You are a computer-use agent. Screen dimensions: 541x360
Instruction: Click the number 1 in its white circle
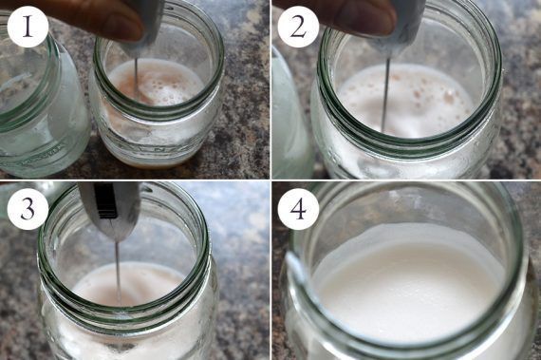[28, 27]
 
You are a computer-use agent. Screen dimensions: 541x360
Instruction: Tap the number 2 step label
[298, 27]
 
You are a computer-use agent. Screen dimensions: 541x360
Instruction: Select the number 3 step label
[28, 208]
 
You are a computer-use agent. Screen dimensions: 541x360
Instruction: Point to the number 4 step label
[299, 208]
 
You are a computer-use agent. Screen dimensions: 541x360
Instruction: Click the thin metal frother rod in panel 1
[137, 77]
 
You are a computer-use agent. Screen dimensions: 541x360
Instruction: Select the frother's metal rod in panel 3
[118, 273]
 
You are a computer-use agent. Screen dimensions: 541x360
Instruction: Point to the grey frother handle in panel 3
[109, 211]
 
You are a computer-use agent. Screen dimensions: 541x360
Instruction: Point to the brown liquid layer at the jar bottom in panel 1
[152, 163]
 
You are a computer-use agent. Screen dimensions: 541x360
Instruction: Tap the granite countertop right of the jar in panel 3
[241, 276]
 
